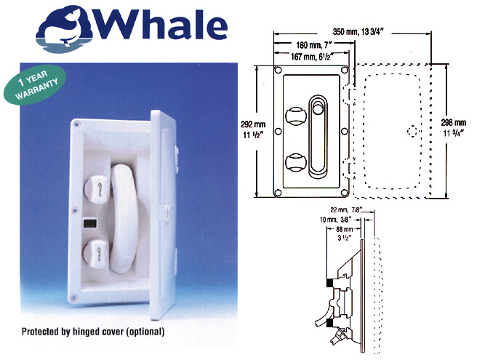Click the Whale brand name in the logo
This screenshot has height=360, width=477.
pos(161,25)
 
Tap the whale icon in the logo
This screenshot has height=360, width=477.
pos(65,29)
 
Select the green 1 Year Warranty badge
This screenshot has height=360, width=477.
pos(35,85)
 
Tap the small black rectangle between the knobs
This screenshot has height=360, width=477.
pos(89,224)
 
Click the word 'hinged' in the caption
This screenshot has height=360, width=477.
pos(87,331)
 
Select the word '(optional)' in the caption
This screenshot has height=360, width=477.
pos(145,332)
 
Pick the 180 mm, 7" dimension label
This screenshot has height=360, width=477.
pos(313,45)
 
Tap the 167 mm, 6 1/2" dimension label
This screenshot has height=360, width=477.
pos(312,56)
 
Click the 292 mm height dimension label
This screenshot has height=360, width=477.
pos(253,129)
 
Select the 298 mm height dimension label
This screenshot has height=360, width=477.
pos(453,128)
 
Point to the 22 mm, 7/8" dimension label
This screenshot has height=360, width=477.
pos(346,210)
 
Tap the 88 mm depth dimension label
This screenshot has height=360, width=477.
pos(345,233)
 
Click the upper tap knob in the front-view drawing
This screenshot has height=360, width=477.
pos(296,116)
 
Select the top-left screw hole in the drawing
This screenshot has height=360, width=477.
pos(278,71)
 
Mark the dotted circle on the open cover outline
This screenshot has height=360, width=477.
pos(412,131)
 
